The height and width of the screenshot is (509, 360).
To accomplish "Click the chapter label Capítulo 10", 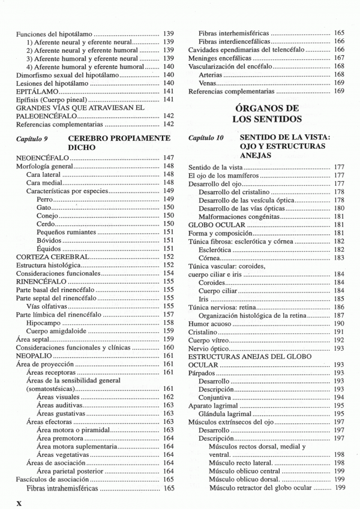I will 205,138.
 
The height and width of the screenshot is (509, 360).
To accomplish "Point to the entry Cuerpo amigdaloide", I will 56,330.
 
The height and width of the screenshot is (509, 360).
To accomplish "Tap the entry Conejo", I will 47,215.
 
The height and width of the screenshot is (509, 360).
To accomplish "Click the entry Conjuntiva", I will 216,397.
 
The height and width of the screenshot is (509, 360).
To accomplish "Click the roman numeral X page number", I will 19,500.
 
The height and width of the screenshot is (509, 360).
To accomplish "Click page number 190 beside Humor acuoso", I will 338,323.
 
